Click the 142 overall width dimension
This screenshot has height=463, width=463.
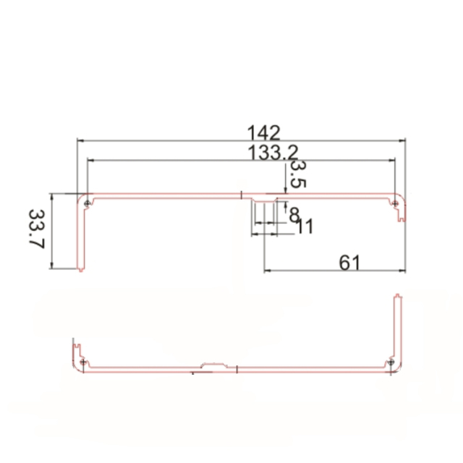263,133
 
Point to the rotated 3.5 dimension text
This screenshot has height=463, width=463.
297,174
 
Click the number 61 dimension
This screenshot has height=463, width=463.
349,262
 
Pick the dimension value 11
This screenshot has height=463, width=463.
305,226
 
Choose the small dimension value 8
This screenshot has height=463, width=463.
294,214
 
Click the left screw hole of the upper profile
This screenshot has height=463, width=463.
88,203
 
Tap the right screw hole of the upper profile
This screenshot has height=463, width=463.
395,204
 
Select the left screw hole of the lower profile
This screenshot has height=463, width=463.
85,361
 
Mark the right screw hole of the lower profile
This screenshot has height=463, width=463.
391,361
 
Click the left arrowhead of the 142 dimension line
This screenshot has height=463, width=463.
80,141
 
